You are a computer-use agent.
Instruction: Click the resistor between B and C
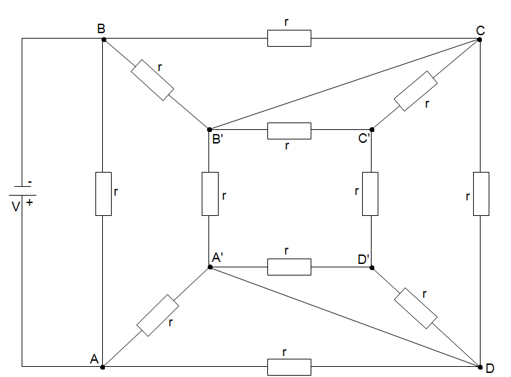coord(289,38)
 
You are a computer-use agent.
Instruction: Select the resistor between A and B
coord(103,194)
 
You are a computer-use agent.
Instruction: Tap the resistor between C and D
coord(481,194)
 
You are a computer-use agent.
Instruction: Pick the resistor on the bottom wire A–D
coord(289,367)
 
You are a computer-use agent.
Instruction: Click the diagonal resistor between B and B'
coord(152,80)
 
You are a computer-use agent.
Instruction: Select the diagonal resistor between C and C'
coord(416,90)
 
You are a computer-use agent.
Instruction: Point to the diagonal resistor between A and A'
coord(158,315)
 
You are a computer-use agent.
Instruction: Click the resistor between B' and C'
coord(289,130)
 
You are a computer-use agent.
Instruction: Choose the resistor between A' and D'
coord(289,267)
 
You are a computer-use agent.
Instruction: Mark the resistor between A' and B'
coord(210,194)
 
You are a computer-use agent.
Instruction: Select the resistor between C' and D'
coord(370,194)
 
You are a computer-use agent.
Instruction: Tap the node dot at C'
coord(371,129)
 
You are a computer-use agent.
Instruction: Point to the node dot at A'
coord(210,267)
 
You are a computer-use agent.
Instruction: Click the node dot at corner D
coord(480,367)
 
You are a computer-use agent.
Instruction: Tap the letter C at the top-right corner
coord(480,30)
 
